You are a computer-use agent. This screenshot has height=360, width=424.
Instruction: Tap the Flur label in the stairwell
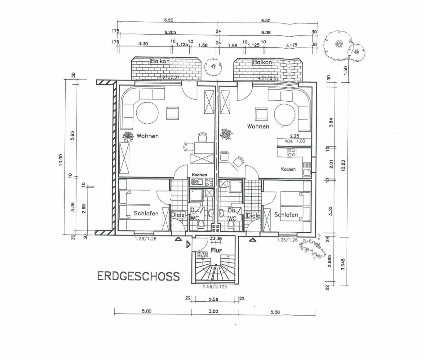tap(216, 250)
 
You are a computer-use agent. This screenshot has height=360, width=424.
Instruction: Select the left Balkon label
tap(160, 61)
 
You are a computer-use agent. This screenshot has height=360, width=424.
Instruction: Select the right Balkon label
tap(262, 62)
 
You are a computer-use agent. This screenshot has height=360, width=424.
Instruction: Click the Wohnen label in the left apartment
tap(148, 136)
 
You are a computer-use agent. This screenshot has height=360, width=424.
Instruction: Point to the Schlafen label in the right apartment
tap(286, 214)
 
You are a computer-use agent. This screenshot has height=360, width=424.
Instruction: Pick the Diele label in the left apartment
tap(178, 215)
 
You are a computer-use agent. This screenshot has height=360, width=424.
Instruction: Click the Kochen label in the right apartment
tap(288, 169)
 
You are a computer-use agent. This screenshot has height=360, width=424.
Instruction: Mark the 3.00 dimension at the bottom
tap(213, 311)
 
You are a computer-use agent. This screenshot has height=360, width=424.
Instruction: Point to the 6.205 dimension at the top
tap(170, 32)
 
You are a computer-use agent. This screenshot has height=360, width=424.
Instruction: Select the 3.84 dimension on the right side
tap(331, 122)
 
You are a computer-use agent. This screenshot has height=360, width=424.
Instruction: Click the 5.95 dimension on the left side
tap(72, 135)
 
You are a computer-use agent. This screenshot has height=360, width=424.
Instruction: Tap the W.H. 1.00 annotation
tap(295, 141)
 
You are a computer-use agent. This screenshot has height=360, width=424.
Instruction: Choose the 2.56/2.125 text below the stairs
tap(215, 287)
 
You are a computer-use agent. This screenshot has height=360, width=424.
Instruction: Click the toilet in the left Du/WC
tap(201, 224)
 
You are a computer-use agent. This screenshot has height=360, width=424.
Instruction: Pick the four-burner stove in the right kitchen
tap(291, 152)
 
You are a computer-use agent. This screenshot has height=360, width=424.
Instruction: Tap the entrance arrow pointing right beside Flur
tap(188, 245)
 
